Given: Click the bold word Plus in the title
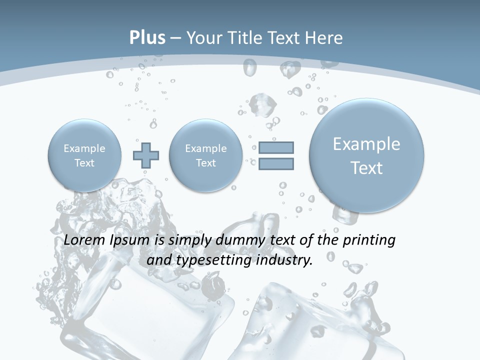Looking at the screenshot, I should point(147,38).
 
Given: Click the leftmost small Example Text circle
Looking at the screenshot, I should point(84,155).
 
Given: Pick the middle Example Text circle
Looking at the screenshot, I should point(206,155).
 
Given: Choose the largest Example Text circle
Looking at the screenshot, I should point(366,155).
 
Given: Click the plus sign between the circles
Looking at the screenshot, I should point(146,155).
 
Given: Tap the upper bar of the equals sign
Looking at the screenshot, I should point(276,147).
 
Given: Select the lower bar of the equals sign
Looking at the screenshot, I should point(276,163).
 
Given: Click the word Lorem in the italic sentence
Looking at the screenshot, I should point(85,240).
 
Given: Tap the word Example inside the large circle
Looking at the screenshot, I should point(366,144).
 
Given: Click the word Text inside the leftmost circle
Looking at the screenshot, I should point(84,163).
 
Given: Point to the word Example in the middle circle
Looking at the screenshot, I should point(206,148).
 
